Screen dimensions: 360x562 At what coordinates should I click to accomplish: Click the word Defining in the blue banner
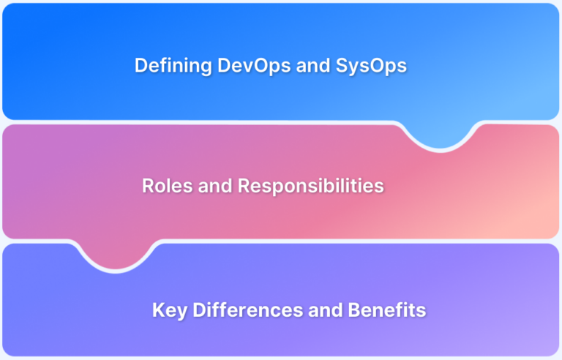tap(173, 66)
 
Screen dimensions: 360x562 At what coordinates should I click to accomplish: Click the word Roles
tap(165, 186)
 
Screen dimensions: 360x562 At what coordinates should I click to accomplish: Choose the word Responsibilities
tap(311, 186)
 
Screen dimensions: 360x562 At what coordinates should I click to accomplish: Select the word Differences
tap(239, 310)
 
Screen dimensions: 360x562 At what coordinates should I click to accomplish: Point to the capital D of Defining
tap(141, 66)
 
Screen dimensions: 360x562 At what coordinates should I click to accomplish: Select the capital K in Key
tap(158, 310)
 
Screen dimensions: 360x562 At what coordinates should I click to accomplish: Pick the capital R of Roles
tap(148, 186)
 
